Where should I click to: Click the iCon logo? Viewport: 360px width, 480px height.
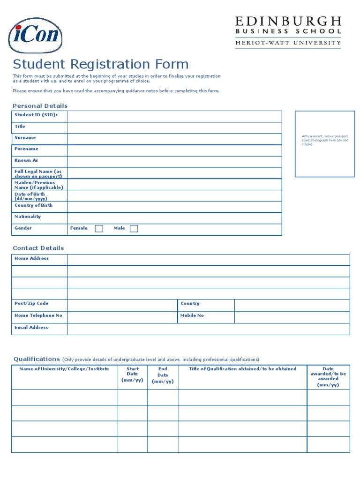coord(35,35)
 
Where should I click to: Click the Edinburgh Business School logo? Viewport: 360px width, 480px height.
coord(288,31)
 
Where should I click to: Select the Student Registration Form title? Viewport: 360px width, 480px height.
coord(100,64)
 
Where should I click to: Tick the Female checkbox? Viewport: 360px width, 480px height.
coord(99,229)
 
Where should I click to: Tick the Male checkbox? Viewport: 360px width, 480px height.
coord(134,229)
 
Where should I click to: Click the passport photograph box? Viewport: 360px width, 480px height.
coord(324,144)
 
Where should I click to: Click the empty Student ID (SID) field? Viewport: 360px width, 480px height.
coord(174,116)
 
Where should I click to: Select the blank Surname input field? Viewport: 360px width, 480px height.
coord(174,139)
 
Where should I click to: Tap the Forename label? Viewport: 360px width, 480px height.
coord(26,149)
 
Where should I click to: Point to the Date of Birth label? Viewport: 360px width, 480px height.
coord(30,196)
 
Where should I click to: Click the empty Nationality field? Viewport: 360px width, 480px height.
coord(174,218)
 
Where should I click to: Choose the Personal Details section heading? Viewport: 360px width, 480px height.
coord(40,106)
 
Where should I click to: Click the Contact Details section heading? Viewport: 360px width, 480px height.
coord(38,248)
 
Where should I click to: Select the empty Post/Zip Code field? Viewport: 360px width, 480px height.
coord(122,305)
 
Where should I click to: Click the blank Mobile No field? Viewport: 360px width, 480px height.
coord(292,317)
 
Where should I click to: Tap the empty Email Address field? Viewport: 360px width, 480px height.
coord(208,329)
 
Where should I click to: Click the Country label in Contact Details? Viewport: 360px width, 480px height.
coord(190,304)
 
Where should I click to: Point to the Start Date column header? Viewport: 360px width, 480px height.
coord(132,375)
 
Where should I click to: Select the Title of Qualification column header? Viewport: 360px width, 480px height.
coord(242,369)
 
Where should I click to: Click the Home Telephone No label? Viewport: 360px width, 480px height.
coord(38,315)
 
